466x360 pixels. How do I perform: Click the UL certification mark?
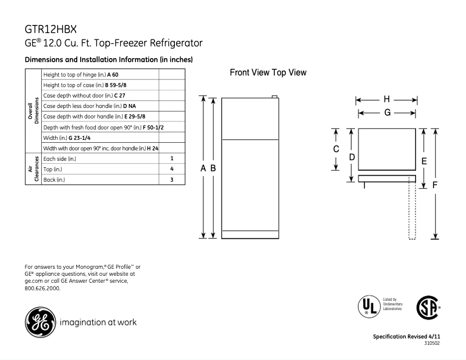[366, 305]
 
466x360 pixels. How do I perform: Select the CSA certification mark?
[428, 307]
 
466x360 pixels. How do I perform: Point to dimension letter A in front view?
[203, 168]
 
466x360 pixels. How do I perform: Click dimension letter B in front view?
[213, 168]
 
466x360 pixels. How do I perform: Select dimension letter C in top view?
[336, 149]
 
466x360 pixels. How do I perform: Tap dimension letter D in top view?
[352, 157]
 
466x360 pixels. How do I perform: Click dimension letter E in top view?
[424, 161]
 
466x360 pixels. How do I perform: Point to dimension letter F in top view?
[435, 185]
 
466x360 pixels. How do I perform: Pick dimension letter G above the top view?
[387, 113]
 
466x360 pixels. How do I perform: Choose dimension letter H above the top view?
[387, 99]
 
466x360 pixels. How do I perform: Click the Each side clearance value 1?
[172, 158]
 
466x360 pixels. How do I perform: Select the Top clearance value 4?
[172, 169]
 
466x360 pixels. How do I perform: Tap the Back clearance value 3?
[172, 180]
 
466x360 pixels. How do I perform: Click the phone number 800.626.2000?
[42, 288]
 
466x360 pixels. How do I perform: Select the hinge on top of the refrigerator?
[273, 96]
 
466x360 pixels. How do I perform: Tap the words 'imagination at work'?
[98, 322]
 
